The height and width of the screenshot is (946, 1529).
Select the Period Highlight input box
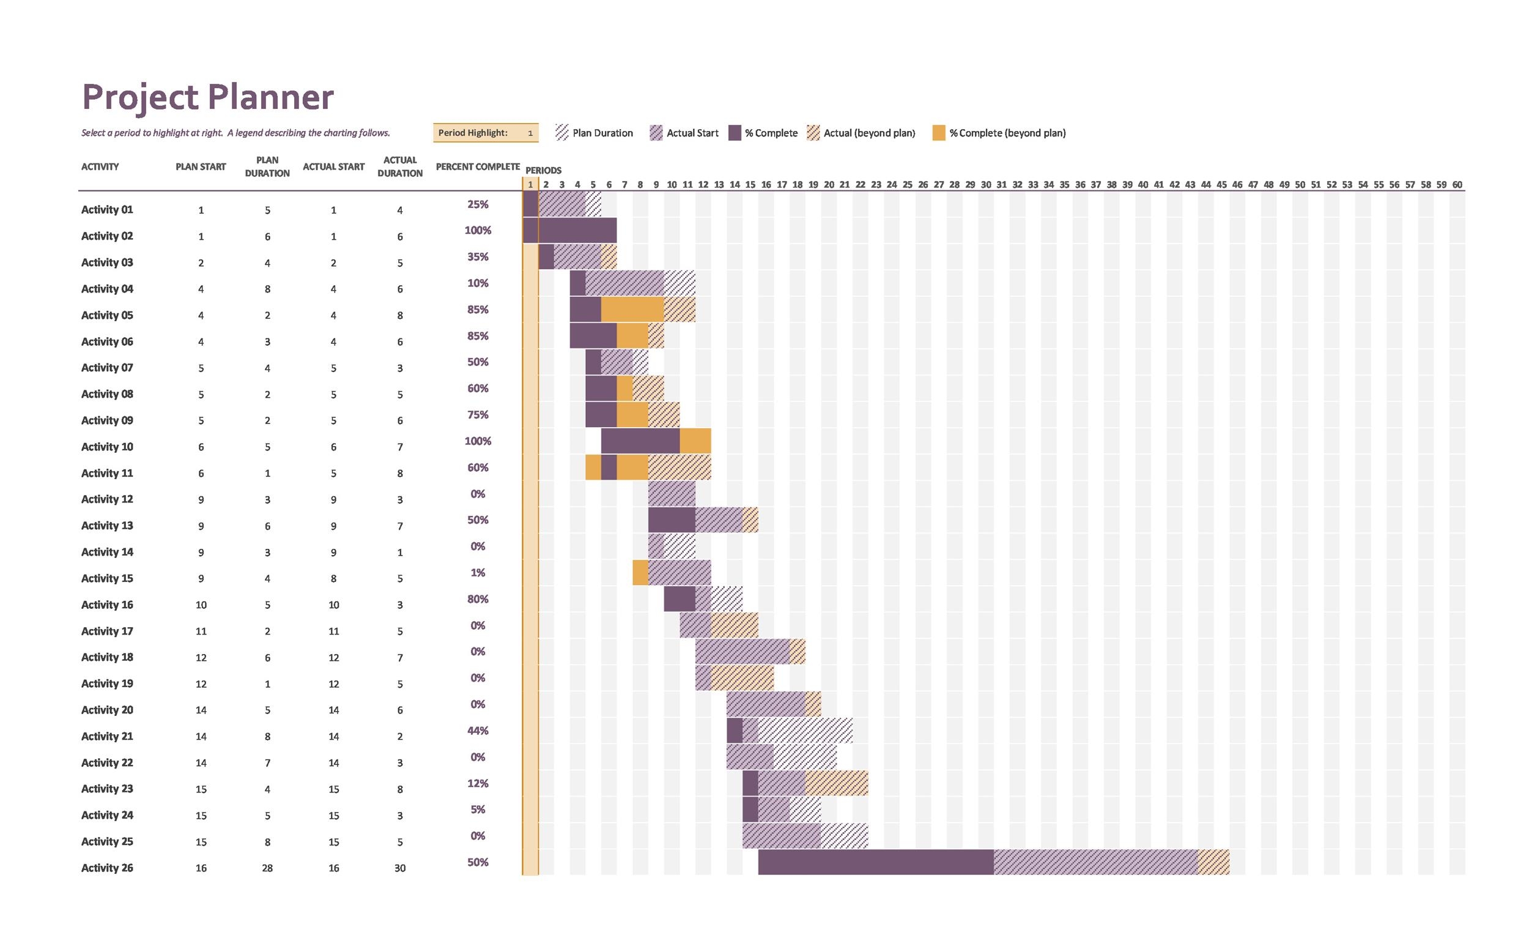[x=485, y=133]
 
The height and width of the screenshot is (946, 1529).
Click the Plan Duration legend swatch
[x=561, y=133]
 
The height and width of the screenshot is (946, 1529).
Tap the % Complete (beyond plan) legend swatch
[x=938, y=133]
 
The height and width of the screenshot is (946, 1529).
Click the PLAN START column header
[x=200, y=166]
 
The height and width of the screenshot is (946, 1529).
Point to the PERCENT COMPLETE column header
[x=477, y=166]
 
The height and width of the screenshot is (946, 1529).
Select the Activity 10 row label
[x=107, y=447]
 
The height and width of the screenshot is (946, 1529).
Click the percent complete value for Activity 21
[x=477, y=730]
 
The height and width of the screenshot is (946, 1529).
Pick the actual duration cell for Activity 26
[x=399, y=868]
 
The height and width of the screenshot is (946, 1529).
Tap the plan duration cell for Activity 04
[x=267, y=289]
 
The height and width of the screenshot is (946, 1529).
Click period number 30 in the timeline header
[x=985, y=185]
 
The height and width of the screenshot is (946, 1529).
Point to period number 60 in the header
[x=1456, y=185]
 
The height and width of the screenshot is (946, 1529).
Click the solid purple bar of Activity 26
[x=875, y=862]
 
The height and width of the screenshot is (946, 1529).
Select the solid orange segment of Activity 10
[x=695, y=441]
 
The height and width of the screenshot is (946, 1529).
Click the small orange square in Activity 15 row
[x=640, y=573]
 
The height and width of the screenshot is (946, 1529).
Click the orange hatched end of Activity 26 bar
[x=1213, y=862]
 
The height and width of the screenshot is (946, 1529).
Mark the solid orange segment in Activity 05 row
[x=632, y=309]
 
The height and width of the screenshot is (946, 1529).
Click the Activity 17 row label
[x=107, y=631]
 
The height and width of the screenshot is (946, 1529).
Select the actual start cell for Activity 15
[x=333, y=579]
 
